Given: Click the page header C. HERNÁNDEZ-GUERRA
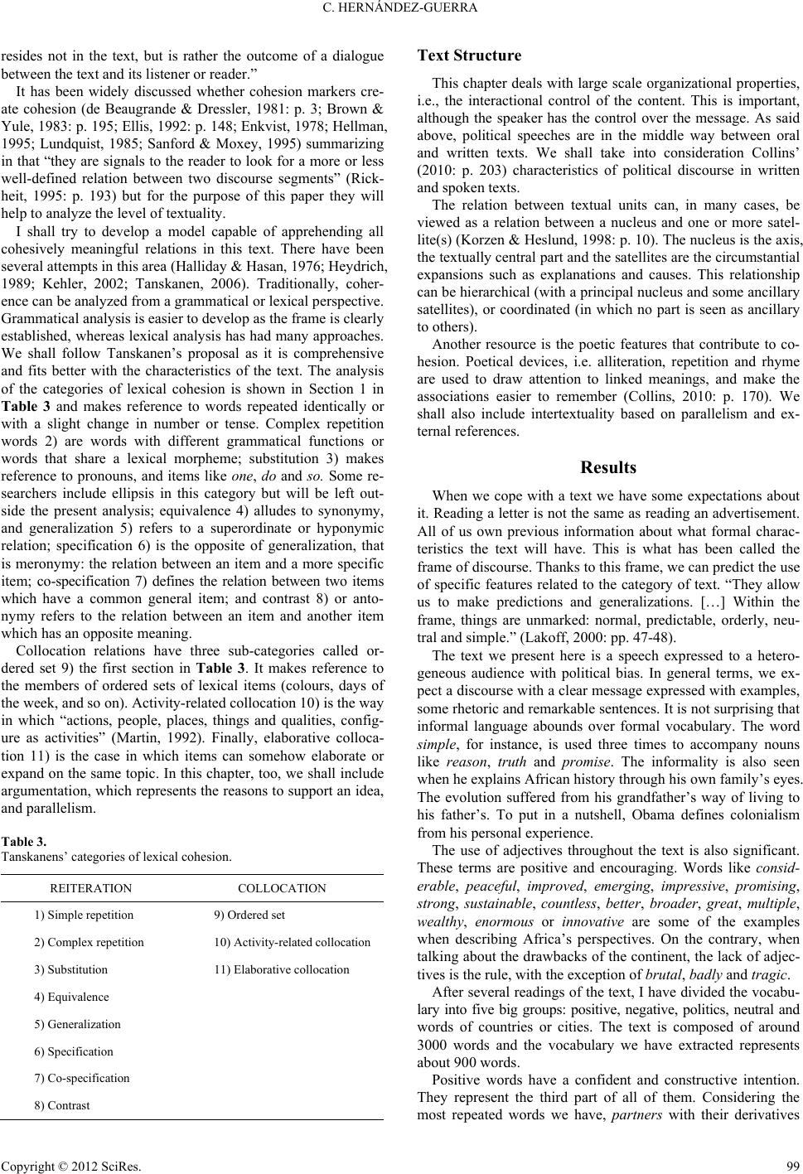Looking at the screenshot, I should (x=402, y=11).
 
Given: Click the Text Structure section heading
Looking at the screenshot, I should (x=469, y=56).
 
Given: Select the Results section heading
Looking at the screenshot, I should (x=608, y=467).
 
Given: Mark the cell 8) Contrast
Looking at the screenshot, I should (x=62, y=1105).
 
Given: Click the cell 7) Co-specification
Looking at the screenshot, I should (x=82, y=1078).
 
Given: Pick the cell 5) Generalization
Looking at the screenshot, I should (x=78, y=1024).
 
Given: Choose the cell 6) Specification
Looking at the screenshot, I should (x=74, y=1051).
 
